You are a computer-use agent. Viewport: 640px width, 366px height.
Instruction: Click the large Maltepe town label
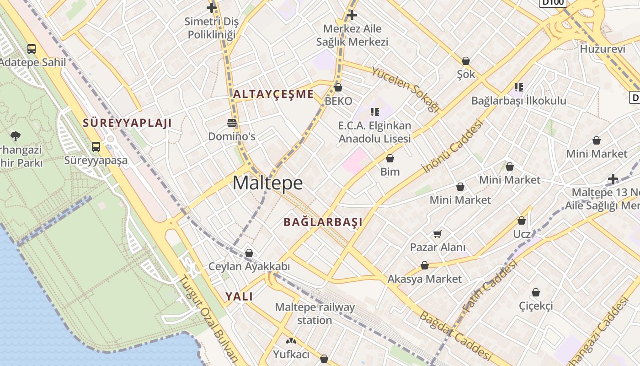point(267,183)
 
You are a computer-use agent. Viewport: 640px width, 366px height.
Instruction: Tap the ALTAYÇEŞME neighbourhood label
point(273,94)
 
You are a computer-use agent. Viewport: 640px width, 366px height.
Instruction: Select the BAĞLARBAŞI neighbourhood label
point(323,222)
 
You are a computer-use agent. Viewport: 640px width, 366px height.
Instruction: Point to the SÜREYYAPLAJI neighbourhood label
point(127,123)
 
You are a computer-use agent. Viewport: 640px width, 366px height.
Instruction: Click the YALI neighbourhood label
point(239,296)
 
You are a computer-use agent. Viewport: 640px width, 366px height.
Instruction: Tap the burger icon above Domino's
point(232,123)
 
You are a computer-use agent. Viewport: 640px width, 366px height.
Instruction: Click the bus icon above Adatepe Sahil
point(32,48)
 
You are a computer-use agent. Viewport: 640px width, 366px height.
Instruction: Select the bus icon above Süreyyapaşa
point(96,146)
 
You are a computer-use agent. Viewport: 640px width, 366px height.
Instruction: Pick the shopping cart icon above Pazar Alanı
point(437,234)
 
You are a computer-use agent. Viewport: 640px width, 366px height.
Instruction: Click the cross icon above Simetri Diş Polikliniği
point(211,8)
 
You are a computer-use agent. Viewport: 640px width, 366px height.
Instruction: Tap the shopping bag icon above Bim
point(390,158)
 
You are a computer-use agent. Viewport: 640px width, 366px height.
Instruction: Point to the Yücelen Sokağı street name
point(405,90)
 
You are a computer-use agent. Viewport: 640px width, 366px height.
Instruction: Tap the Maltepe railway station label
point(315,313)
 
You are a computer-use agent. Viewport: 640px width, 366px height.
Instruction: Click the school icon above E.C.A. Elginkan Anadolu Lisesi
point(375,112)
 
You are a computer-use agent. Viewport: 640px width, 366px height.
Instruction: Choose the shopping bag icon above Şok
point(466,61)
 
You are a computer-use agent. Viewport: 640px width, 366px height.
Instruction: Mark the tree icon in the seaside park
point(16,136)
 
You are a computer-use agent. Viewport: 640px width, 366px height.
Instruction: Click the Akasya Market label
point(425,279)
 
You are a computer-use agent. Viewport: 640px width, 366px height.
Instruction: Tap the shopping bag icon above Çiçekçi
point(536,292)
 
